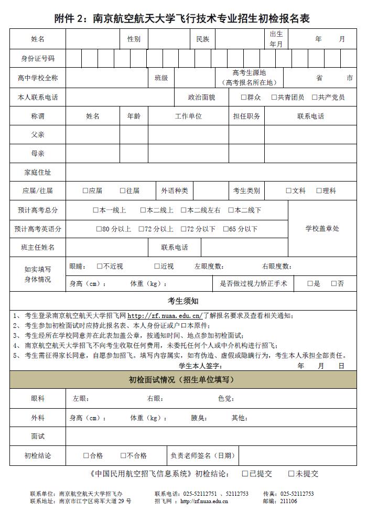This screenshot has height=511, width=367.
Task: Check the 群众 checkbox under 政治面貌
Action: pyautogui.click(x=244, y=97)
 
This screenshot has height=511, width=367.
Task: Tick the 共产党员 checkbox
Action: pyautogui.click(x=315, y=97)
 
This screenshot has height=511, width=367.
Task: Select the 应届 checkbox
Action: pyautogui.click(x=85, y=191)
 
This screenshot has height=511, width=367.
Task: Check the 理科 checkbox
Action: pyautogui.click(x=319, y=191)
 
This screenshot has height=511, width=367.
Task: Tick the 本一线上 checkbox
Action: pyautogui.click(x=96, y=210)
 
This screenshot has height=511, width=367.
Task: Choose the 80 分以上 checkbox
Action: pyautogui.click(x=99, y=229)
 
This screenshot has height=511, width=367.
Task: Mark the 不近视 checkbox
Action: pyautogui.click(x=100, y=266)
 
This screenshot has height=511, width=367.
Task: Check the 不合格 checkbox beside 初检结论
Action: pyautogui.click(x=124, y=455)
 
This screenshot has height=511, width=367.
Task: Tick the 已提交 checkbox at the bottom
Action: pyautogui.click(x=245, y=474)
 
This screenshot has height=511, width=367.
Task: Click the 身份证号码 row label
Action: pyautogui.click(x=37, y=58)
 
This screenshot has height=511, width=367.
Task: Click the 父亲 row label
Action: pyautogui.click(x=37, y=135)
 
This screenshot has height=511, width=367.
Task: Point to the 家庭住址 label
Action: pyautogui.click(x=37, y=172)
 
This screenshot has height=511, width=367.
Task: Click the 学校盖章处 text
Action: pyautogui.click(x=322, y=229)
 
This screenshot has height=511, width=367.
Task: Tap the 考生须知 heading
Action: pyautogui.click(x=183, y=301)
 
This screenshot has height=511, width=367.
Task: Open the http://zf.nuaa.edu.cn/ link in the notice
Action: pyautogui.click(x=165, y=316)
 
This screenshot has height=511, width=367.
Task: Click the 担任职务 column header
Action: pyautogui.click(x=246, y=116)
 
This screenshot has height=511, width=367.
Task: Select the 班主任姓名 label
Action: pyautogui.click(x=37, y=247)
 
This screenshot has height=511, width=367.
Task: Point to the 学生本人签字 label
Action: pyautogui.click(x=200, y=366)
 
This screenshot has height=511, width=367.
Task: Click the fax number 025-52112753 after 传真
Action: pyautogui.click(x=297, y=494)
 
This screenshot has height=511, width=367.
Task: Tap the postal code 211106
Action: pyautogui.click(x=289, y=501)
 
